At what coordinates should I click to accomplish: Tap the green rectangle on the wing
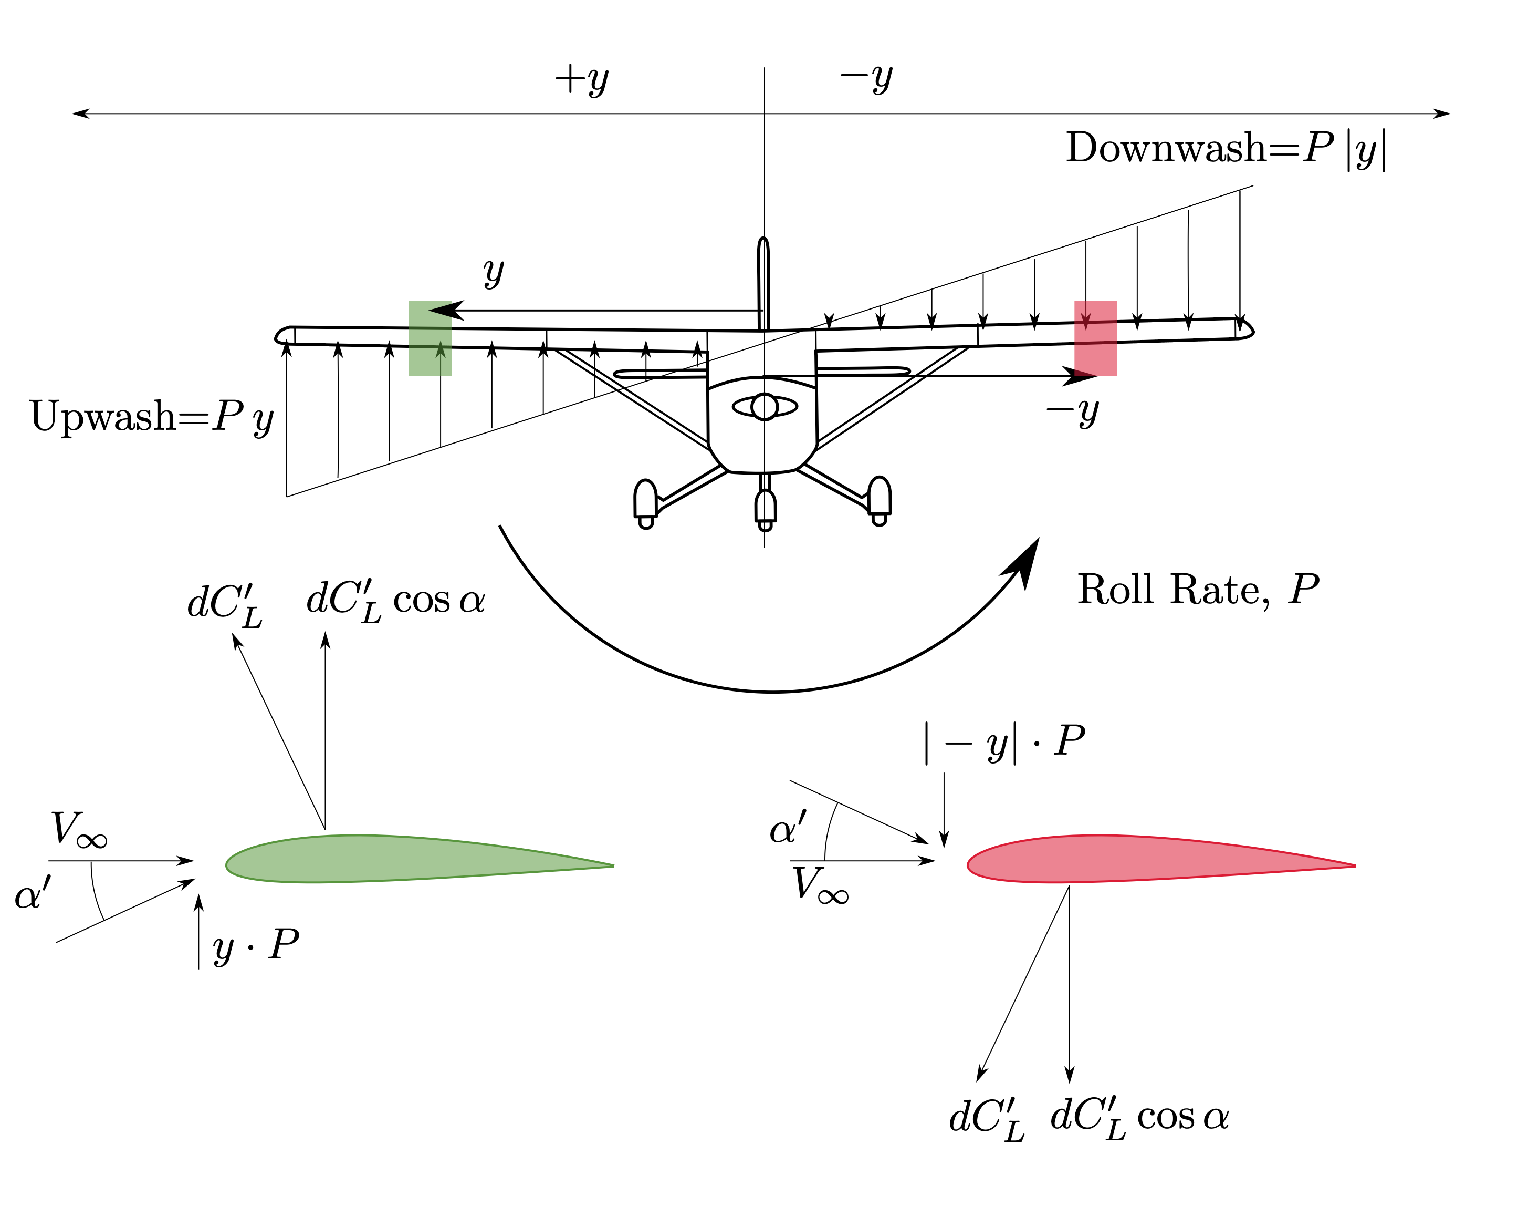tap(430, 338)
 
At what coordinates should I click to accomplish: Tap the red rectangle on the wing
tap(1095, 338)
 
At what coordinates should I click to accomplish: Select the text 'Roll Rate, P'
tap(1197, 590)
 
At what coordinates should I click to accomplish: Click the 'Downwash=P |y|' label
tap(1225, 149)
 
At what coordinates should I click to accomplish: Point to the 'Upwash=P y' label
tap(151, 417)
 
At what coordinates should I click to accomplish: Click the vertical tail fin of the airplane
tap(763, 282)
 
